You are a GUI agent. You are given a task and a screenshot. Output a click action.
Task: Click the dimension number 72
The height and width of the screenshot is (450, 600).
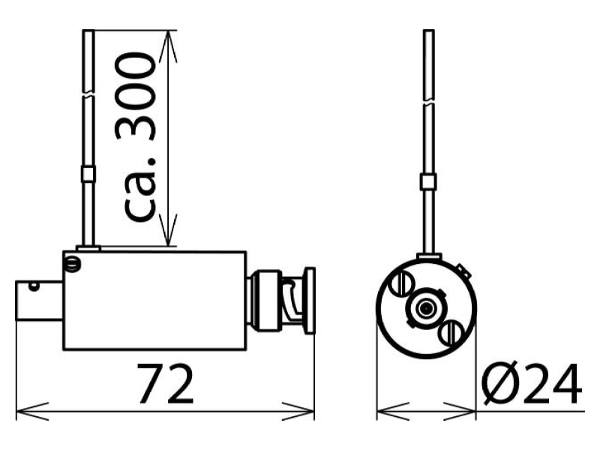pyautogui.click(x=165, y=384)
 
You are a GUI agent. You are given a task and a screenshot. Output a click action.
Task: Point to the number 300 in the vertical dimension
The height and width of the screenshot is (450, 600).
pyautogui.click(x=136, y=97)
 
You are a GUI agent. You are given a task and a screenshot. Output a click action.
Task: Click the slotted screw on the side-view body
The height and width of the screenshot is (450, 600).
pyautogui.click(x=72, y=264)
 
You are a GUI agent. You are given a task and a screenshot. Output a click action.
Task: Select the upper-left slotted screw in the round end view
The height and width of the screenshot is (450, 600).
pyautogui.click(x=401, y=284)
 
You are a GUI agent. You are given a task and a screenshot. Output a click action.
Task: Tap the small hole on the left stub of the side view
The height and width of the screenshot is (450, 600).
pyautogui.click(x=34, y=286)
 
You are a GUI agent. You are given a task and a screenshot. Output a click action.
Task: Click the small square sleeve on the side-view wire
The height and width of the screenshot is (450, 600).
pyautogui.click(x=88, y=174)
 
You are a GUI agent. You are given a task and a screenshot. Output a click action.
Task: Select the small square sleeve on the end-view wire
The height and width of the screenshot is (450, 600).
pyautogui.click(x=428, y=181)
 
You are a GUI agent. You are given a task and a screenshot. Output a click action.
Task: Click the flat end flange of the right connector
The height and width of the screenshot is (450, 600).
pyautogui.click(x=309, y=301)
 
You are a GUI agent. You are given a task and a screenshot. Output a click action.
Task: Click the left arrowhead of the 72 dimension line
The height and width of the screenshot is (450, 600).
pyautogui.click(x=32, y=411)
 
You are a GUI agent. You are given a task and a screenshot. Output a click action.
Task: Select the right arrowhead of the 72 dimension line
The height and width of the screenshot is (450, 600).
pyautogui.click(x=298, y=411)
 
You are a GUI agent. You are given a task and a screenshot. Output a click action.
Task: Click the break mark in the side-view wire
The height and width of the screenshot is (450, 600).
pyautogui.click(x=88, y=94)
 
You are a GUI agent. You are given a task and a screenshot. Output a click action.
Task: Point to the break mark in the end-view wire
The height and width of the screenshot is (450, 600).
pyautogui.click(x=428, y=103)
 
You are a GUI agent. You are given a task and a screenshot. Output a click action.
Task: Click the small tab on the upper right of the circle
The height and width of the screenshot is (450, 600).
pyautogui.click(x=463, y=271)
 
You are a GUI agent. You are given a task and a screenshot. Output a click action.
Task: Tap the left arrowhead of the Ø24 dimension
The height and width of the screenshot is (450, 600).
pyautogui.click(x=393, y=411)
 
